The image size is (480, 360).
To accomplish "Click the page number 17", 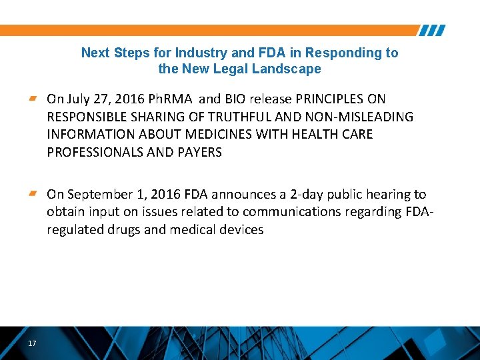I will [x=32, y=343].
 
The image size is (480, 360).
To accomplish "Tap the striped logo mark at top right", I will [x=432, y=31].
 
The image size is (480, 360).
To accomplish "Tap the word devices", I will [x=240, y=230].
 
